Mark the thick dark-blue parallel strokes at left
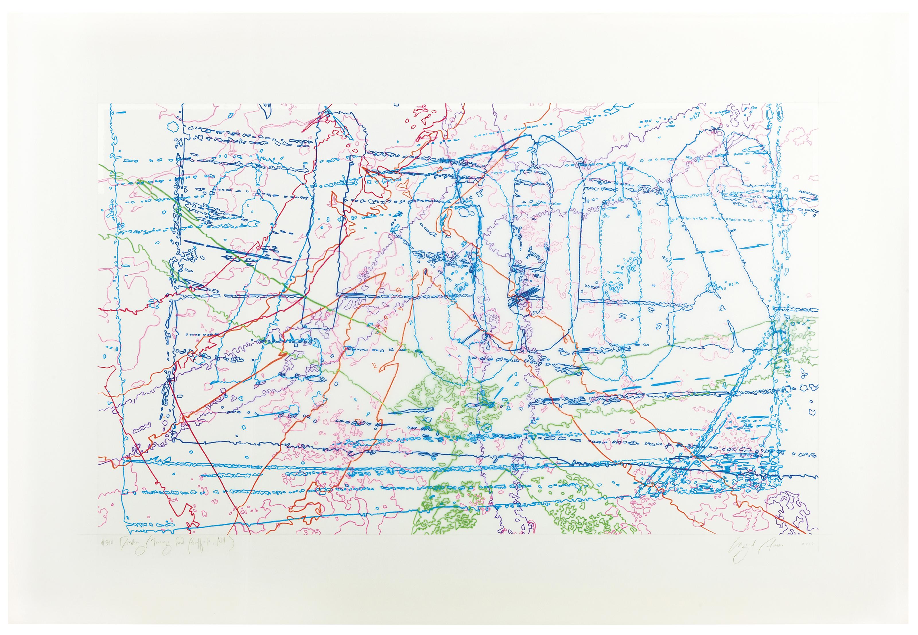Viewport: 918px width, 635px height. pyautogui.click(x=239, y=251)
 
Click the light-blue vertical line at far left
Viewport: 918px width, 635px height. pyautogui.click(x=112, y=279)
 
